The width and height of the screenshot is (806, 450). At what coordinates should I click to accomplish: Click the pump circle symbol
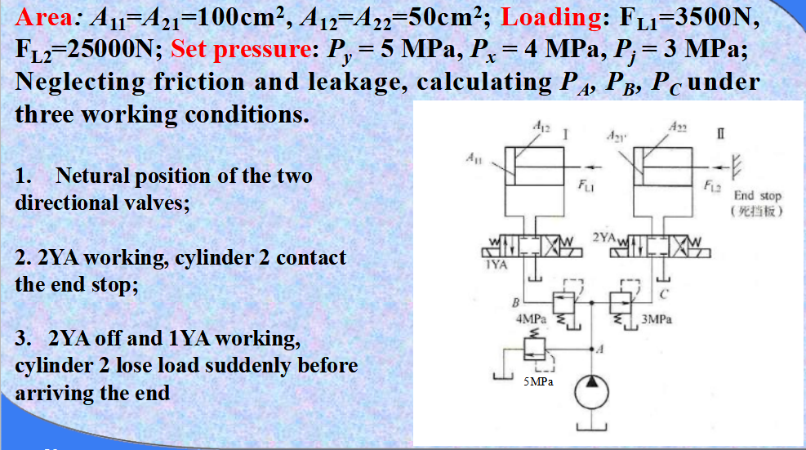pos(591,394)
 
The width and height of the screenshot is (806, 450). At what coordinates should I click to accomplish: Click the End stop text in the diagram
pos(758,196)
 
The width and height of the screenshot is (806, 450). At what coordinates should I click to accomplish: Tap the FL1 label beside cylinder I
pos(585,186)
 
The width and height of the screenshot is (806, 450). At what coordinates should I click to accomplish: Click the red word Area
pos(45,17)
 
